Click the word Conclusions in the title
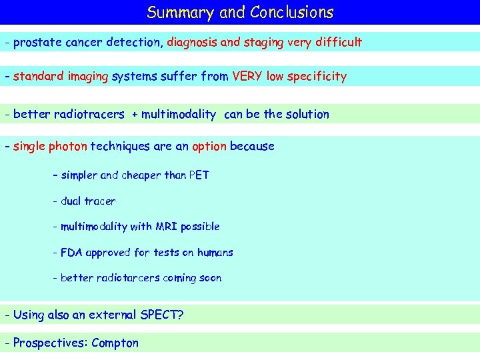(291, 13)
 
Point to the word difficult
(338, 43)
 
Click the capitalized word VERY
(247, 77)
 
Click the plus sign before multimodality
(135, 115)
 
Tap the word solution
(307, 114)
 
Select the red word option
(209, 147)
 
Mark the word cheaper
(141, 175)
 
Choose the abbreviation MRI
(166, 227)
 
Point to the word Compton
(115, 343)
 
